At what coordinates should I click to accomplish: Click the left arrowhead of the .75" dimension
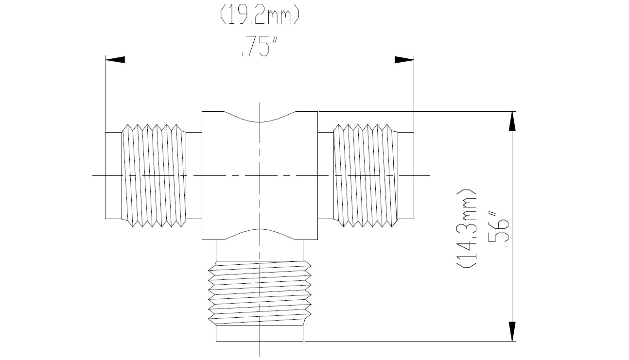click(115, 60)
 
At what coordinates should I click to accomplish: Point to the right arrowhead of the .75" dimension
click(404, 60)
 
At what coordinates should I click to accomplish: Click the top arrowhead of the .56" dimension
click(511, 121)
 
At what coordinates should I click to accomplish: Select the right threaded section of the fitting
click(365, 175)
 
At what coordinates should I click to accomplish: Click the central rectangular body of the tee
click(260, 175)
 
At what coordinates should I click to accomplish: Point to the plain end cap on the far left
click(113, 175)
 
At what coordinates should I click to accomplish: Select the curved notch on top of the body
click(260, 117)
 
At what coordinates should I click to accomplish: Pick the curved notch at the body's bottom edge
click(260, 235)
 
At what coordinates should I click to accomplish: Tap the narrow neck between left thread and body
click(194, 175)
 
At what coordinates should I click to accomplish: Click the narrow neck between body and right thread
click(325, 175)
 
